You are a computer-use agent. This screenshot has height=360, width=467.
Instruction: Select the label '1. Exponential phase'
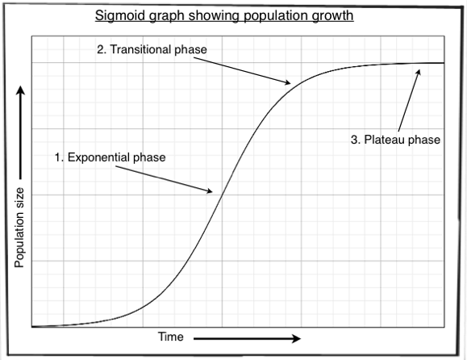point(110,157)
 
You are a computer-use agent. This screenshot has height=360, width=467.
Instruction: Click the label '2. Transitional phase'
point(152,50)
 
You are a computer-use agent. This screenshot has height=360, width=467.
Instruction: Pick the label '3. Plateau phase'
point(395,140)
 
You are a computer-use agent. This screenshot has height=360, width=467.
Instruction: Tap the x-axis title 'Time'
point(170,337)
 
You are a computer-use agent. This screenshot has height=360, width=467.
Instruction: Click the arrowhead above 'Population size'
point(20,92)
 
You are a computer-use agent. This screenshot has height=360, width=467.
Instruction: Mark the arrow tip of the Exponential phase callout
point(212,192)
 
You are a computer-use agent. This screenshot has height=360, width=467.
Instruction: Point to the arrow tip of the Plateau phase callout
point(420,69)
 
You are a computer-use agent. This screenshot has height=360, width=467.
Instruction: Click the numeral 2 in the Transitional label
point(100,50)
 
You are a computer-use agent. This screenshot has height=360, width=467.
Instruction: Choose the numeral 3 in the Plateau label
point(354,140)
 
